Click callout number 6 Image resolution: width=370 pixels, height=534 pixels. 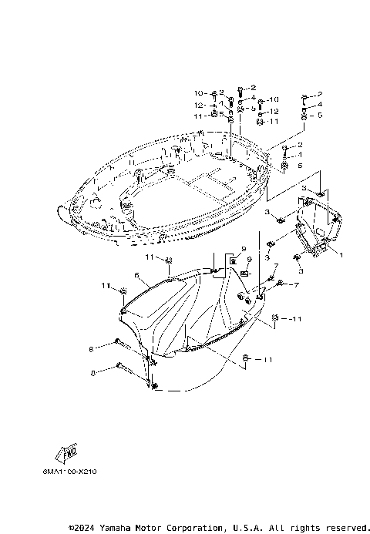point(136,274)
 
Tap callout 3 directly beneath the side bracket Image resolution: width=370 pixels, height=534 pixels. point(301,271)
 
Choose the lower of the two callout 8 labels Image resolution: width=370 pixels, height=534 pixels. point(93,372)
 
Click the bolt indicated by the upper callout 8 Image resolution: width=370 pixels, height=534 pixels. point(127,344)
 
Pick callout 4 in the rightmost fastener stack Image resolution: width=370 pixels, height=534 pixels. point(319,104)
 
